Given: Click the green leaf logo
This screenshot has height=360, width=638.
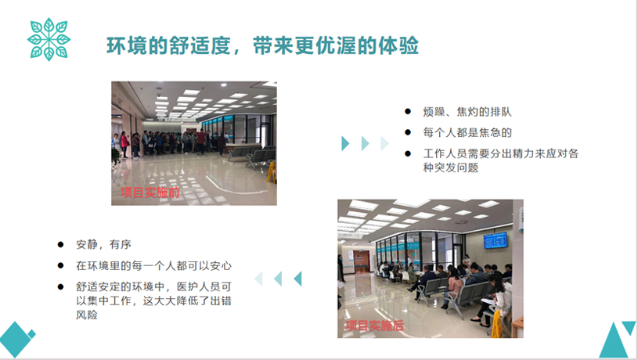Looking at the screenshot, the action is [x=49, y=39].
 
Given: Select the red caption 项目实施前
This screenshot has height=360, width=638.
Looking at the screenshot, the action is [x=150, y=193].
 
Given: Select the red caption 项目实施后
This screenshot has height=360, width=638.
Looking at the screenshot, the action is [x=374, y=326].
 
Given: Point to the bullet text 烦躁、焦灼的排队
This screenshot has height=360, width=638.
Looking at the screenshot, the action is [x=467, y=112].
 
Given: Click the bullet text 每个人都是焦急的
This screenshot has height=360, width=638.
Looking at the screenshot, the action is [x=467, y=132].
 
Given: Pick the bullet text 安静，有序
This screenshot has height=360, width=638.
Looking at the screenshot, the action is [x=103, y=244].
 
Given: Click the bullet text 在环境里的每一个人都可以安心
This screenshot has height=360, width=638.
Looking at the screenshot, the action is [x=153, y=265].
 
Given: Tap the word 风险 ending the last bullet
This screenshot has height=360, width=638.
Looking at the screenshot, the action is [x=87, y=315].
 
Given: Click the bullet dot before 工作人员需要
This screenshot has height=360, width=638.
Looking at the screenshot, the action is [x=408, y=153].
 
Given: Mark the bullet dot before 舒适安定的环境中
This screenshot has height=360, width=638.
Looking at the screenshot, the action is [x=60, y=286].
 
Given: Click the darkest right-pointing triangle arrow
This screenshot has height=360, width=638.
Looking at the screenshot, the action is [x=345, y=143].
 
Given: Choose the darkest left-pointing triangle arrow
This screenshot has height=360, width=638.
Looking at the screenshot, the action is [x=297, y=279].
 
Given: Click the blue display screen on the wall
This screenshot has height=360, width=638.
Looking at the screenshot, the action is [x=496, y=240].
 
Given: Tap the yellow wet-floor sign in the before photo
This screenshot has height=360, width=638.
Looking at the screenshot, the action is [x=272, y=172].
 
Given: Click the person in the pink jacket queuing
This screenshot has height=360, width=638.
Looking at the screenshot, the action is [x=124, y=145].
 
